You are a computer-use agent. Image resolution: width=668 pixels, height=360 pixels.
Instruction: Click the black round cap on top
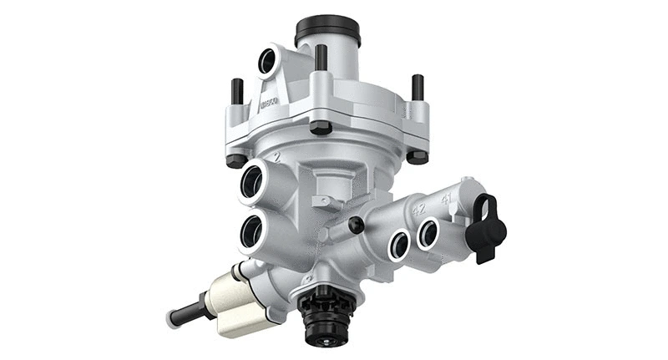[x=327, y=29]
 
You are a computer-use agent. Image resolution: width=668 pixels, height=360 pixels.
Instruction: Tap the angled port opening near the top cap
[x=267, y=61]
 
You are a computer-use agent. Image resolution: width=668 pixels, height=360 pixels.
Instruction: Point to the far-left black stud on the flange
[x=237, y=91]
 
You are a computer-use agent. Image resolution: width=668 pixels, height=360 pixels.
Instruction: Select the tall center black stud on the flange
[x=320, y=58]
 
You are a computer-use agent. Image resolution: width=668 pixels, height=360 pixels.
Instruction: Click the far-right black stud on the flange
[x=417, y=87]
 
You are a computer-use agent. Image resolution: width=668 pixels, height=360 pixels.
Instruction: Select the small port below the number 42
[x=400, y=245]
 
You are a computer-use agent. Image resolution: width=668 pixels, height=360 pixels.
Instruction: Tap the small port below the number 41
[x=428, y=235]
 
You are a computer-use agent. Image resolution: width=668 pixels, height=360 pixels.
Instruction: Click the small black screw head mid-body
[x=357, y=225]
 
